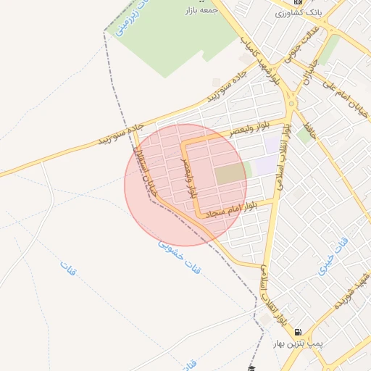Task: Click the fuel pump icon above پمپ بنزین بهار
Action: (297, 333)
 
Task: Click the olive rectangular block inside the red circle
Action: (230, 174)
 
